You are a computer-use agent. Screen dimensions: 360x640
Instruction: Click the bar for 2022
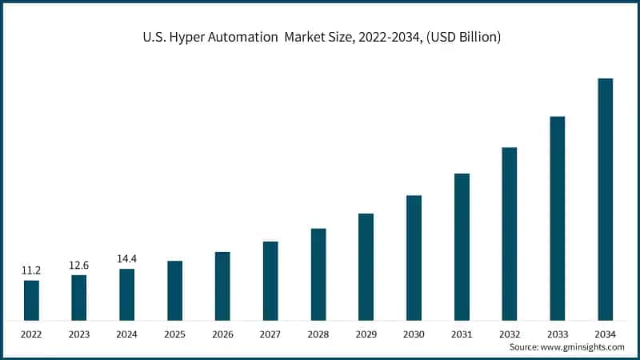click(31, 300)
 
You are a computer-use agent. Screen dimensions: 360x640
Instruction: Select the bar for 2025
click(174, 290)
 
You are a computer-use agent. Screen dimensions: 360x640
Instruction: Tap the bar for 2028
click(318, 274)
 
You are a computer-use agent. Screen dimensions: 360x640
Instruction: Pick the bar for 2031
click(462, 247)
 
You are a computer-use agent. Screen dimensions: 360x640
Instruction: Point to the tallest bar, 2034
click(606, 199)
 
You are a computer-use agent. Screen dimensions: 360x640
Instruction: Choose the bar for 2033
click(558, 218)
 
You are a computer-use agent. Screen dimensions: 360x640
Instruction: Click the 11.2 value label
click(31, 271)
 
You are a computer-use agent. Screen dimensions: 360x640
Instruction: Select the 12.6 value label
click(79, 266)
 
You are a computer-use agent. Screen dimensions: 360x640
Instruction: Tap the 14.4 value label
click(126, 259)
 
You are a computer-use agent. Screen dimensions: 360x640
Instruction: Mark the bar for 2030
click(414, 258)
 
